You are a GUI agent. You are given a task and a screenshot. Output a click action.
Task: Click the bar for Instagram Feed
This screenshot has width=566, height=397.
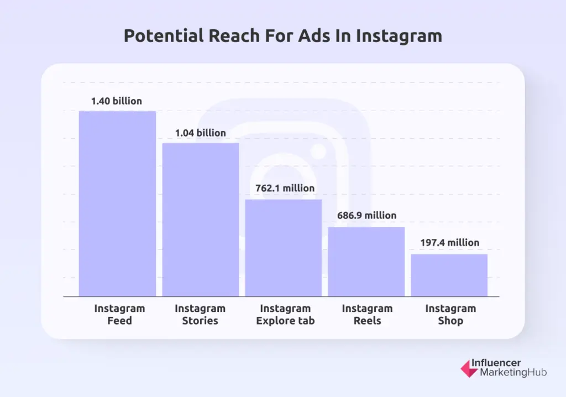coord(117,203)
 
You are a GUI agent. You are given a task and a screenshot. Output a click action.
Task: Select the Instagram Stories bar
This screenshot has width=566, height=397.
coord(200,220)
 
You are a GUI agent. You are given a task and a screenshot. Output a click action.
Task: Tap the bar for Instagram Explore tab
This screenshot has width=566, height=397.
coord(284,248)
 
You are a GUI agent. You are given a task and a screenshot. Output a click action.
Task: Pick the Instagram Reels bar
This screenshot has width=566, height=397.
coord(366,262)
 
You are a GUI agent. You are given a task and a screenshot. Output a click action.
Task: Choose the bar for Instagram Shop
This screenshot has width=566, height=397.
coord(449,275)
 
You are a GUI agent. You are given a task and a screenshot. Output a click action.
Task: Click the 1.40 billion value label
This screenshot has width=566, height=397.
coord(117,101)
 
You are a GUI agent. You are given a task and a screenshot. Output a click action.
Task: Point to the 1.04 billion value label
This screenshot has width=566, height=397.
coord(200,133)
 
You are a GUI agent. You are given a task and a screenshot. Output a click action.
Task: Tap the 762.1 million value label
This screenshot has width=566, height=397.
coord(285,188)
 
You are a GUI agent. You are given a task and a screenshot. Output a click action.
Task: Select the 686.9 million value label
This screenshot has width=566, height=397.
coord(367,216)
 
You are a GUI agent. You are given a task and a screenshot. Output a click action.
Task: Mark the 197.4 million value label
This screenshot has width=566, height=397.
coord(450,243)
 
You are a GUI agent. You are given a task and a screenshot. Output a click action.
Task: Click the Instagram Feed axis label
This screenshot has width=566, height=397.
coord(119,314)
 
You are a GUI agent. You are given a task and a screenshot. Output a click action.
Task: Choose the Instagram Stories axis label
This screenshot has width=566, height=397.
coord(200,314)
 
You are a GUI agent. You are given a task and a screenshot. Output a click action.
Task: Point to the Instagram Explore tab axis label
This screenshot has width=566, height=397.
coord(285,314)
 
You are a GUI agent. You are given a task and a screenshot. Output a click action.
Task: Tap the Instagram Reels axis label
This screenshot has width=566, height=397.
coord(367,314)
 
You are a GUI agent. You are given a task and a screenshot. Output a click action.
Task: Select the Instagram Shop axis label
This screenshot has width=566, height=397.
coord(450,314)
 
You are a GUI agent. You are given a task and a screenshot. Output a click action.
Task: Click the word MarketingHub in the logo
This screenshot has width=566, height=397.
coord(509,373)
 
